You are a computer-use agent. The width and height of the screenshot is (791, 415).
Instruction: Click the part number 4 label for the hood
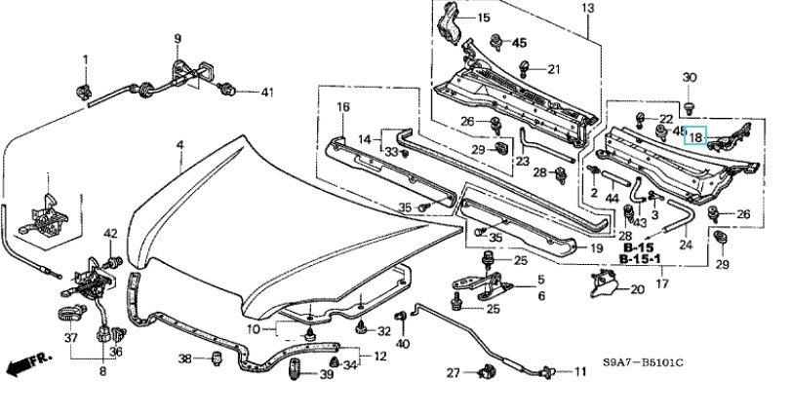pyautogui.click(x=179, y=145)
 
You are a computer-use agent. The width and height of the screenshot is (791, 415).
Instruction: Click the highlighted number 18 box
pyautogui.click(x=694, y=136)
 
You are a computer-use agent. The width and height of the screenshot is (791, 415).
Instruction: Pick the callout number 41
pyautogui.click(x=267, y=92)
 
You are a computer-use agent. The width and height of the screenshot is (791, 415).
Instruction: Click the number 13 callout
pyautogui.click(x=588, y=9)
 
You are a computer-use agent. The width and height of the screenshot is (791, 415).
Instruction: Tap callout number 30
pyautogui.click(x=690, y=77)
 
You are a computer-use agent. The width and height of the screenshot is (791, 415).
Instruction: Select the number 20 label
pyautogui.click(x=637, y=289)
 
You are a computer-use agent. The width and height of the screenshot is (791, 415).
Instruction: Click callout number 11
pyautogui.click(x=580, y=372)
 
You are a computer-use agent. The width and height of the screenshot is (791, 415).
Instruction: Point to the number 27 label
pyautogui.click(x=454, y=373)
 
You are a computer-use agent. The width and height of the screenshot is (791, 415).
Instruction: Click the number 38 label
pyautogui.click(x=184, y=359)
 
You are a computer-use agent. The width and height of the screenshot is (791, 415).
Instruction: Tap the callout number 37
pyautogui.click(x=71, y=338)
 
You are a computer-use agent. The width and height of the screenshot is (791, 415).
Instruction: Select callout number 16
pyautogui.click(x=343, y=106)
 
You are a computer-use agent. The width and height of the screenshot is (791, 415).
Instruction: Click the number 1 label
pyautogui.click(x=85, y=60)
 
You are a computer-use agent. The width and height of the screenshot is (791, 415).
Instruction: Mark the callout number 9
pyautogui.click(x=178, y=39)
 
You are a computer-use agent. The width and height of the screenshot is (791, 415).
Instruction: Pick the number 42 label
pyautogui.click(x=110, y=233)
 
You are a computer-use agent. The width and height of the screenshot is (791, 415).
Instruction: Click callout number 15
pyautogui.click(x=484, y=19)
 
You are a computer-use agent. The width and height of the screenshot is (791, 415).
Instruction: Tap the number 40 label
pyautogui.click(x=404, y=343)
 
